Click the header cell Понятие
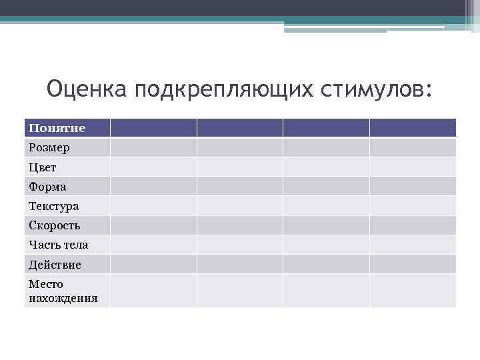click(x=57, y=127)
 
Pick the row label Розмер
click(x=49, y=147)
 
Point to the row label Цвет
click(x=43, y=167)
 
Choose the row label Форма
click(x=47, y=186)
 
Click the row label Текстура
click(x=53, y=206)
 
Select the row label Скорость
click(x=54, y=225)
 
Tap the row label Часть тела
click(x=58, y=245)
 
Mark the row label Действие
click(x=55, y=265)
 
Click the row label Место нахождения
click(x=63, y=291)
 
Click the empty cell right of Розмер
click(x=153, y=147)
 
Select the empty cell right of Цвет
click(x=153, y=167)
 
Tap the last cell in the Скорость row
click(x=413, y=225)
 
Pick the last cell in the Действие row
click(x=413, y=265)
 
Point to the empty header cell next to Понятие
click(x=153, y=127)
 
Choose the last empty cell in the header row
click(x=413, y=127)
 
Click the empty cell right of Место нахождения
click(x=153, y=291)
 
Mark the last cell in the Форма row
click(x=413, y=186)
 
